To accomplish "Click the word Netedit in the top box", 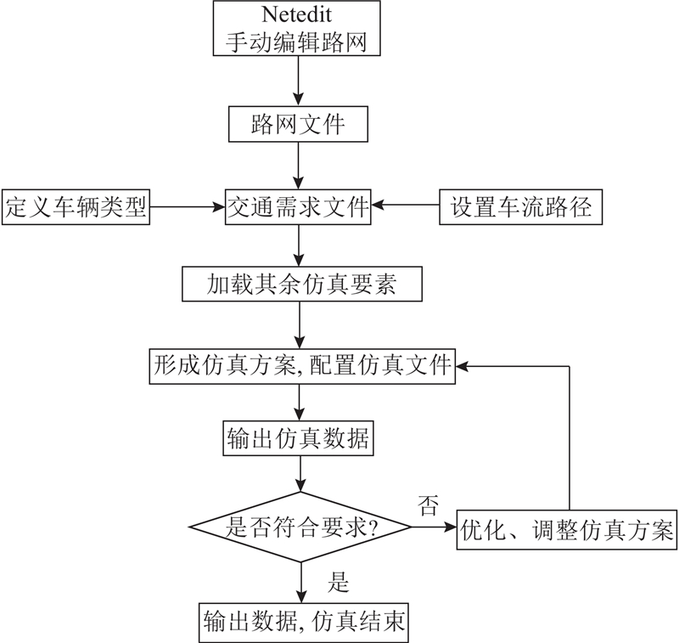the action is pos(296,14).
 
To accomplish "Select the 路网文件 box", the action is pos(298,124).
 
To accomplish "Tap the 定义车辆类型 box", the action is pos(76,206).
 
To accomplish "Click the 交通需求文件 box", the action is pos(298,206).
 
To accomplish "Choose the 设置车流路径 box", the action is pos(520,206).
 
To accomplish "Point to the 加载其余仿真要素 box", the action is pos(302,284).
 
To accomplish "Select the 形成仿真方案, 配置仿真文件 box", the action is pos(302,366).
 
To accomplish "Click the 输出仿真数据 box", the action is pos(298,437).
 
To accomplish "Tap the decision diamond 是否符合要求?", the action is pos(300,527).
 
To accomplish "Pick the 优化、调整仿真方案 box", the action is pos(567,530).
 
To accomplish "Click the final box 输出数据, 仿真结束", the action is pos(304,623).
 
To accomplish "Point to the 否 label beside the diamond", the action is pos(428,505).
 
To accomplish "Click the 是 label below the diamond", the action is pos(338,582).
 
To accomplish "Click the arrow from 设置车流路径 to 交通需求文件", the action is pos(406,205).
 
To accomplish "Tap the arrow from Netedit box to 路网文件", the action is pos(299,81).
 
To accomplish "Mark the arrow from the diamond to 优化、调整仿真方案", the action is pos(434,527).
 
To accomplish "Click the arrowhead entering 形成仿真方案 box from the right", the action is pos(462,366).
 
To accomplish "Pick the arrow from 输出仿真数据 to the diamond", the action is pos(300,474).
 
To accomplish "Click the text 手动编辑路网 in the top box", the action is pos(296,42).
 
